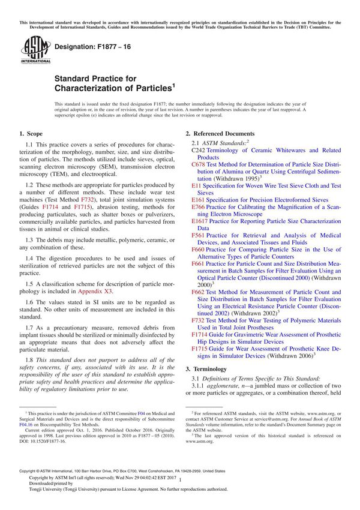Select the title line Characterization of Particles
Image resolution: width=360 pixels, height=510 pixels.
click(x=114, y=88)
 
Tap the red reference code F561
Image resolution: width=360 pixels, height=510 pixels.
click(x=198, y=235)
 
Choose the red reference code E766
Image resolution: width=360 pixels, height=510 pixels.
click(x=198, y=207)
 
